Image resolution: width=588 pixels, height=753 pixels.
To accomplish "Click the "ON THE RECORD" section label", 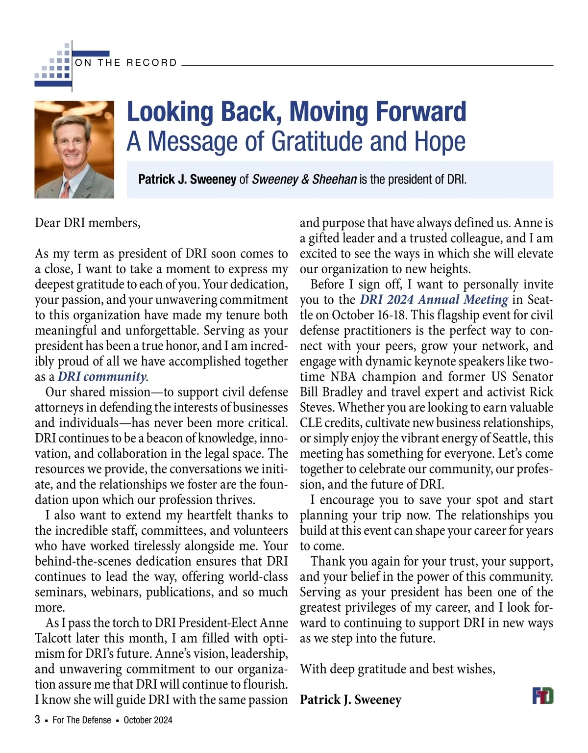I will [125, 63].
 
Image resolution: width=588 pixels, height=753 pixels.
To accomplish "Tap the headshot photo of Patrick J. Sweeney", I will [74, 150].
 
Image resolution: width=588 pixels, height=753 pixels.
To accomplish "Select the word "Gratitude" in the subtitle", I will [318, 141].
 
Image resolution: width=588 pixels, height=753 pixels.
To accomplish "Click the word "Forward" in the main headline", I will [422, 112].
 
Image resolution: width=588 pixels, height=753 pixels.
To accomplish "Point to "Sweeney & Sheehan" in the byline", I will [304, 180].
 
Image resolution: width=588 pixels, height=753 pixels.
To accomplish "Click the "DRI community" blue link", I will [102, 377].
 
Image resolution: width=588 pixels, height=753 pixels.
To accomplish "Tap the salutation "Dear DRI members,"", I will [88, 223].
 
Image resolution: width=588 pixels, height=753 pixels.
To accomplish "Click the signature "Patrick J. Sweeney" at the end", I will [350, 700].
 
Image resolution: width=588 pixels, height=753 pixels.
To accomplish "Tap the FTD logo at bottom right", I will [543, 696].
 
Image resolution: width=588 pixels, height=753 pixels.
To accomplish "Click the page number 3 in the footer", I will [38, 720].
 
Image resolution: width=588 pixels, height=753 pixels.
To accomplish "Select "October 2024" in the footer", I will [148, 720].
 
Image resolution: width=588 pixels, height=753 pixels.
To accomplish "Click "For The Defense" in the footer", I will [82, 720].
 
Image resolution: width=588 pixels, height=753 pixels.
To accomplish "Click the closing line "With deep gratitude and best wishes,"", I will [397, 669].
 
